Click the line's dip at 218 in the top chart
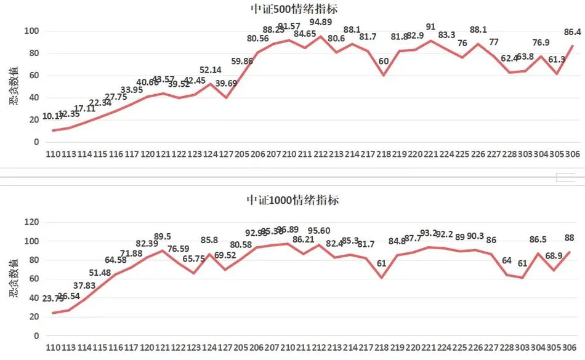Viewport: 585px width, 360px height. pos(384,75)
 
